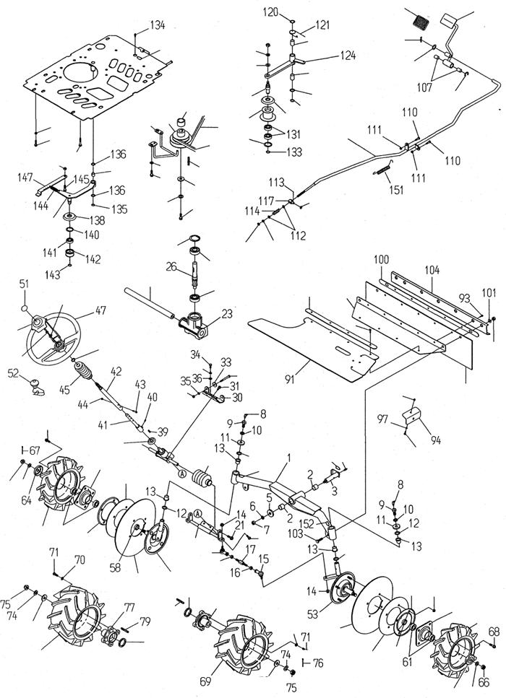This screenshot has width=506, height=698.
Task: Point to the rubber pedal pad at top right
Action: coord(420,21)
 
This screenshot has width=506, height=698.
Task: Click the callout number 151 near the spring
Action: coord(396,190)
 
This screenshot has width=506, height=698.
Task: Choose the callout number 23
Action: coord(227,313)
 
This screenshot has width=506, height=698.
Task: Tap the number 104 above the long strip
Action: coord(432,270)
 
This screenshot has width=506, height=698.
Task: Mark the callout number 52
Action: coord(14,373)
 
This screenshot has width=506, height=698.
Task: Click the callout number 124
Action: coord(348,56)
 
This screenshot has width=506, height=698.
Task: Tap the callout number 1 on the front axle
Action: coord(288,458)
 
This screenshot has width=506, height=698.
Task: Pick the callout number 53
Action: coord(313,615)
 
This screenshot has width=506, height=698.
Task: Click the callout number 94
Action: coord(436,440)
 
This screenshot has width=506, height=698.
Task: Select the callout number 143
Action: coord(53,275)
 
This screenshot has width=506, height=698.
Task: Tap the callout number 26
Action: coord(171,267)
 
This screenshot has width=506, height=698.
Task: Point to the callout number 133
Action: coord(294,152)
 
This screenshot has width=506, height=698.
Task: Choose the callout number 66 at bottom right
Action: coord(484,682)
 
